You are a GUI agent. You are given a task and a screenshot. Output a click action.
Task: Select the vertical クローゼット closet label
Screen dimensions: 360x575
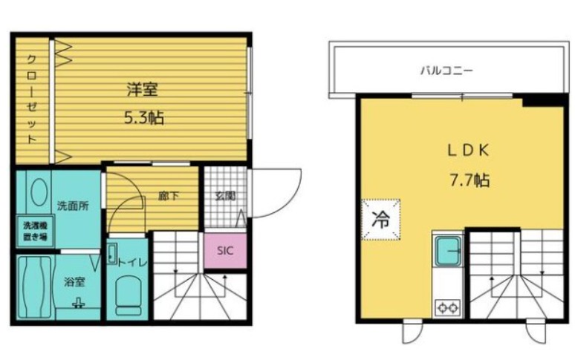(32, 99)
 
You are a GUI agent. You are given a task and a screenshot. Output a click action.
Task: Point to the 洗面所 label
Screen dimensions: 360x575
(72, 206)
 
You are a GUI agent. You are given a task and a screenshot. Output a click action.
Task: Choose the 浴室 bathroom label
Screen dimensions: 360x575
(74, 282)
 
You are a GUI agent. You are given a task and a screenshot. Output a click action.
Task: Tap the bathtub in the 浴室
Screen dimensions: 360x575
(35, 287)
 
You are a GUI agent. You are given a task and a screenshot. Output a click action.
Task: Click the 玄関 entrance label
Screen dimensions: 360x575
(225, 197)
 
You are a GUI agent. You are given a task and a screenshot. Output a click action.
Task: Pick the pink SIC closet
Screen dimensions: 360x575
(225, 251)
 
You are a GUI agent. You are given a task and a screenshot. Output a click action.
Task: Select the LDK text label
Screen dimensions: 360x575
(468, 150)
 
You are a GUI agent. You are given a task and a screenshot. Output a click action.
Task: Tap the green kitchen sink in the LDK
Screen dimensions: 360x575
(448, 251)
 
